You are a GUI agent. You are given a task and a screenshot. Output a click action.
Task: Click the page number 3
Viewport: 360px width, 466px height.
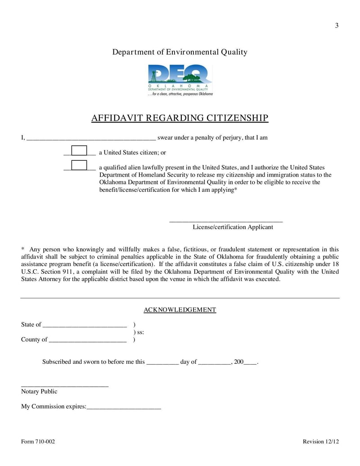click(337, 26)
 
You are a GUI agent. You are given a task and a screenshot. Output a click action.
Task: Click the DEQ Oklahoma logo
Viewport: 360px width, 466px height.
click(180, 80)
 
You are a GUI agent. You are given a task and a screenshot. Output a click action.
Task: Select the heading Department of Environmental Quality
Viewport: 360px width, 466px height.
click(180, 52)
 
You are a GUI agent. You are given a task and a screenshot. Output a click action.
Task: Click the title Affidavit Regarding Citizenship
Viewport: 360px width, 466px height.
click(180, 118)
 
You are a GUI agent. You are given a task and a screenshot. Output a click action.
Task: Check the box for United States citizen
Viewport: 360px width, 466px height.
click(80, 150)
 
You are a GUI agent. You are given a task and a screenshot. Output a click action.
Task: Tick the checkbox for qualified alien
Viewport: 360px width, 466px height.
click(80, 165)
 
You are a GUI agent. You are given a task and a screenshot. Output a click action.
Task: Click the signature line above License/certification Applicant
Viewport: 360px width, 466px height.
click(225, 221)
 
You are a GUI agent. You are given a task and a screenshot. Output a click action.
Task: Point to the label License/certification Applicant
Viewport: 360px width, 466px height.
click(233, 227)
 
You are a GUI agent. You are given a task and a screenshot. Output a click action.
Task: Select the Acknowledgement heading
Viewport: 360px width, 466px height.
click(180, 310)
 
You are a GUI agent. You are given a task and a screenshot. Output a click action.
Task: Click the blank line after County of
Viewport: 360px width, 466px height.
click(87, 340)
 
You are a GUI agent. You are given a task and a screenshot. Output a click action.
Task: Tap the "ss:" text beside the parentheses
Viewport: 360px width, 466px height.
click(139, 332)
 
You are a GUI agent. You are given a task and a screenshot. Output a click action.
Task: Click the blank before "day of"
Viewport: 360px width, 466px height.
click(162, 362)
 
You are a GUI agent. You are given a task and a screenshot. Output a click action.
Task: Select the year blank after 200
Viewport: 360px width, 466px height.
click(250, 362)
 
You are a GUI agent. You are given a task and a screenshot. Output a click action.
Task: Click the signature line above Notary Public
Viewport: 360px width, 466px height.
click(65, 385)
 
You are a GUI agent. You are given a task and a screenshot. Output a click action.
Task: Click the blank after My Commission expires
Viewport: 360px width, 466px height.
click(124, 407)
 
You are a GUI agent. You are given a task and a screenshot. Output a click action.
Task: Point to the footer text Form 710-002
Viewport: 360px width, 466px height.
click(38, 442)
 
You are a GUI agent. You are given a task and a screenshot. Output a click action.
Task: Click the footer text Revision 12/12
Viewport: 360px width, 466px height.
click(321, 442)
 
